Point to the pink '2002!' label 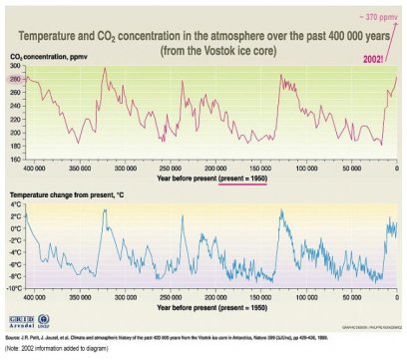[372, 59]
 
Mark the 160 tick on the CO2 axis [16, 158]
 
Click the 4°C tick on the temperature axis [15, 203]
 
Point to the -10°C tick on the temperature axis [14, 288]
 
